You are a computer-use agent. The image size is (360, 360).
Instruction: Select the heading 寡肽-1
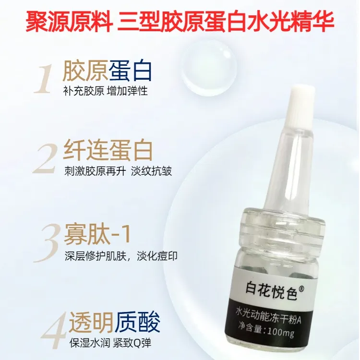pyautogui.click(x=97, y=234)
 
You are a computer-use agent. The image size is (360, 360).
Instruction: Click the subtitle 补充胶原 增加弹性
pyautogui.click(x=106, y=91)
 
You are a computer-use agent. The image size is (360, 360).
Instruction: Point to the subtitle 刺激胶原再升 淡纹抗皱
pyautogui.click(x=118, y=171)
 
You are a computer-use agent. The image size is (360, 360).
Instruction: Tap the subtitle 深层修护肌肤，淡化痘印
pyautogui.click(x=121, y=256)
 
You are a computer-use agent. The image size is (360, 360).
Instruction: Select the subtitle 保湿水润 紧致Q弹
pyautogui.click(x=110, y=343)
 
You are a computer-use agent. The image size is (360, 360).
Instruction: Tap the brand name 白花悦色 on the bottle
pyautogui.click(x=271, y=290)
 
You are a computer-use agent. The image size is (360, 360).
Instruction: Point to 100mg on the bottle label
pyautogui.click(x=280, y=331)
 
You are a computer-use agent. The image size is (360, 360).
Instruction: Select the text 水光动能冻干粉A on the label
pyautogui.click(x=269, y=316)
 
